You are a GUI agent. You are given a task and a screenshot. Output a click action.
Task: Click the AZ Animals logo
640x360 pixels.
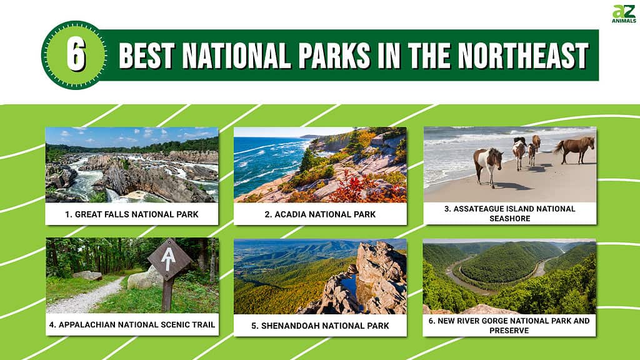(x=624, y=14)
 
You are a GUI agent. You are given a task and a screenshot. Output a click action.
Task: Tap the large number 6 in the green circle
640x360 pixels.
(x=76, y=55)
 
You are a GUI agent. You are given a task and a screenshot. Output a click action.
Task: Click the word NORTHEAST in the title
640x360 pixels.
(x=523, y=56)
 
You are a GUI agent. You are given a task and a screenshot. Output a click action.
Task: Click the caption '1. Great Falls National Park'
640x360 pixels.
(x=131, y=214)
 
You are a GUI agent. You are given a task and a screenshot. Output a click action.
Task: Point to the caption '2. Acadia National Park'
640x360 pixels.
(x=320, y=214)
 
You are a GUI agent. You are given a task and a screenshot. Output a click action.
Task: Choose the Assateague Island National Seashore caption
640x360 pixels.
(x=510, y=214)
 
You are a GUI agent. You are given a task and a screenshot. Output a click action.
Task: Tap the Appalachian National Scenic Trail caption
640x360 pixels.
(x=132, y=325)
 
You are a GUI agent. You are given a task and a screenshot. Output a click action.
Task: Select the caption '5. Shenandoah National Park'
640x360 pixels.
(x=320, y=326)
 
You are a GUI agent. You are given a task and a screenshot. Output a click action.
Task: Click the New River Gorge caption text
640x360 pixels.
(x=509, y=325)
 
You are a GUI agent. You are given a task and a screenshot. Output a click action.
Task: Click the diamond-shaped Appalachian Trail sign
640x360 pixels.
(x=169, y=259)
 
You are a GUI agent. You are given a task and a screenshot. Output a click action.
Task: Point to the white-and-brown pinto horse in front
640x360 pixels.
(x=487, y=165)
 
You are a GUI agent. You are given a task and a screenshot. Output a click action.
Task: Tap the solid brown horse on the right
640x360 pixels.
(x=575, y=147)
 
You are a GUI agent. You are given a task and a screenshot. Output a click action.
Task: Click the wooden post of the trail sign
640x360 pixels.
(x=167, y=295)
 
